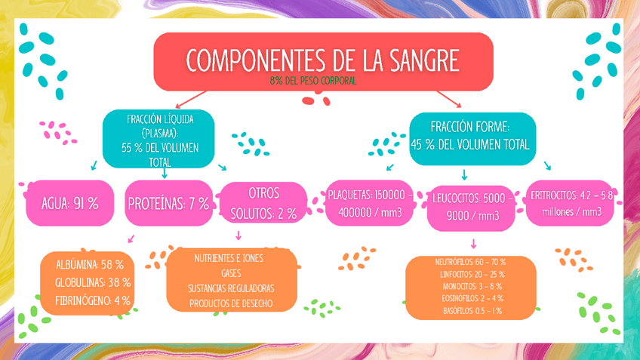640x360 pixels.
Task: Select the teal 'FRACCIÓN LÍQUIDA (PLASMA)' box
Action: (x=159, y=140)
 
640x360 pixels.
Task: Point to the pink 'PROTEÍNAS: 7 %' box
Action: (x=168, y=203)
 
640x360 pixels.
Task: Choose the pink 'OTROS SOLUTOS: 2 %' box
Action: (x=263, y=203)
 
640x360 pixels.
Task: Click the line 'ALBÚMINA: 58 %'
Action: (x=90, y=265)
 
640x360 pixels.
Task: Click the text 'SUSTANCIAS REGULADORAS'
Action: (x=231, y=288)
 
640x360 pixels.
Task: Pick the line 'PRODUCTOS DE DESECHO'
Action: (x=231, y=303)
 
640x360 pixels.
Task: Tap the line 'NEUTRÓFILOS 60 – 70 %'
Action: (x=470, y=262)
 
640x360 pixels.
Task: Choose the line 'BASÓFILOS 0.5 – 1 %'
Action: (x=470, y=310)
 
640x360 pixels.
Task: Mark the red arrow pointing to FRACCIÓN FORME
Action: (x=451, y=100)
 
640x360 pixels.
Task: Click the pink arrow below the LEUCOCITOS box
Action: (x=473, y=243)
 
